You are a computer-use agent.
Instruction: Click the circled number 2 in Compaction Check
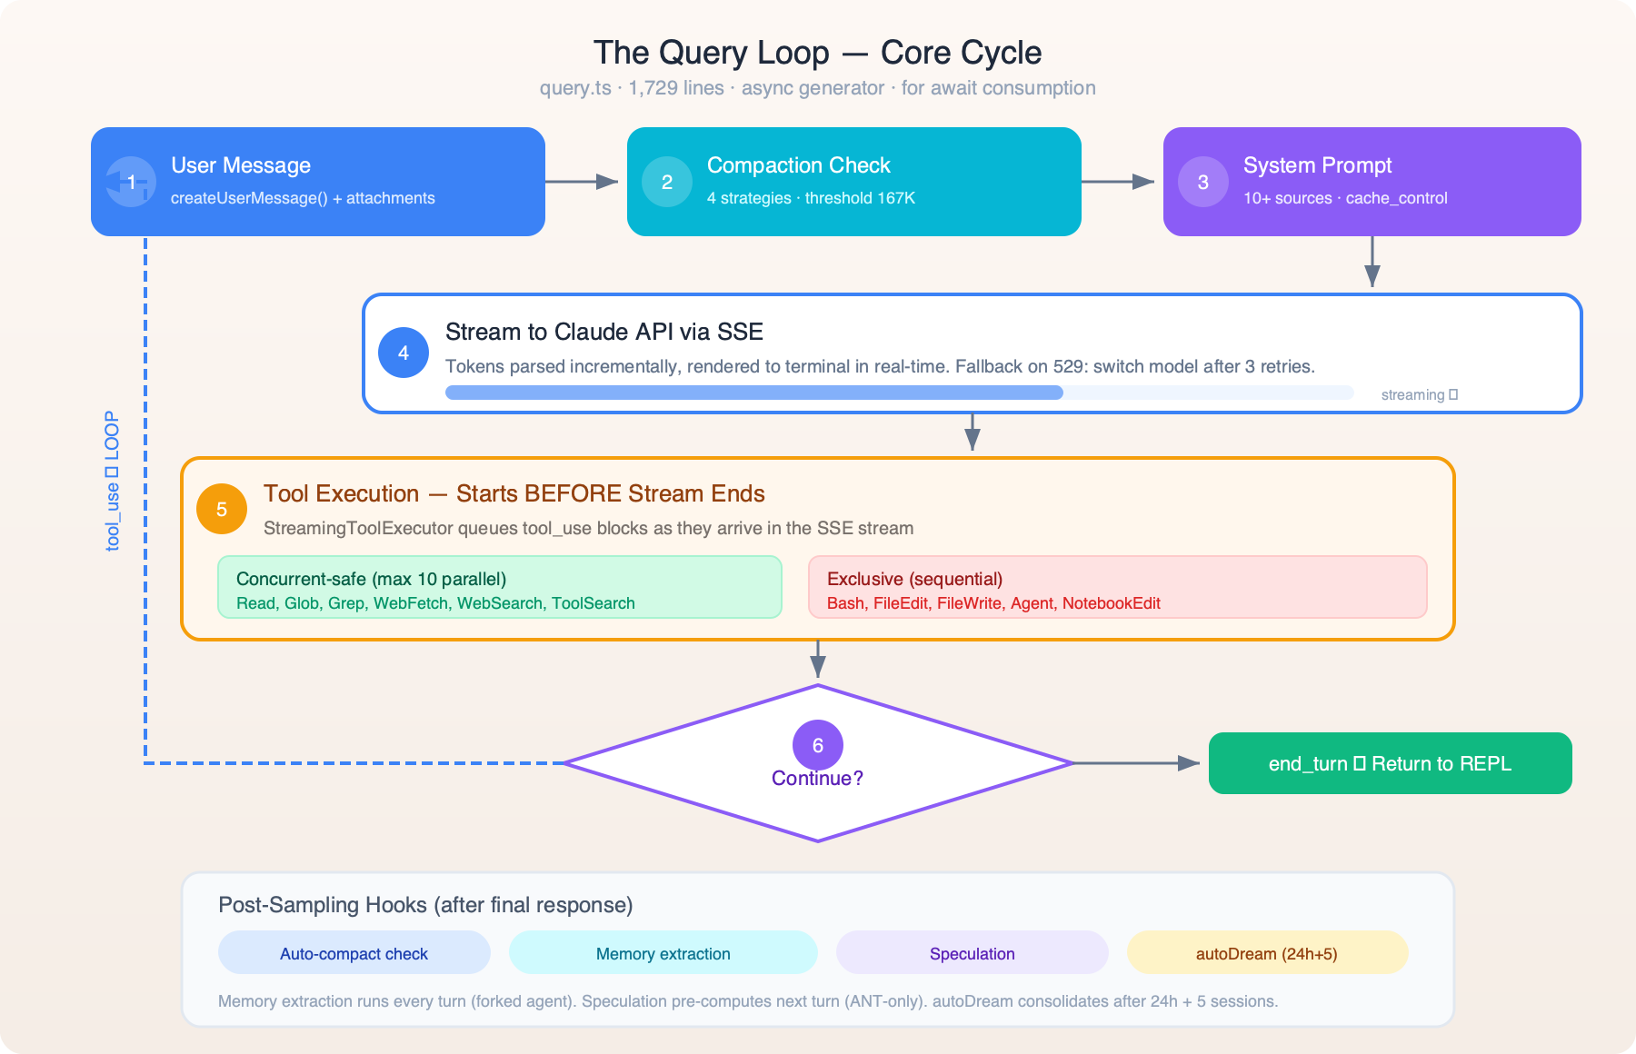tap(667, 182)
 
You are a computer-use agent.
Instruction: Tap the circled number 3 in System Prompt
tap(1203, 182)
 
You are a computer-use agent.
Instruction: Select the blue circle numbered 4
tap(404, 353)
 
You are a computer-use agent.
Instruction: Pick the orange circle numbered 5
tap(222, 509)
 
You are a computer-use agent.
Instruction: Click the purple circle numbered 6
tap(818, 745)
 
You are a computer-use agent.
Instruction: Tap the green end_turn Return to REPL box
tap(1390, 763)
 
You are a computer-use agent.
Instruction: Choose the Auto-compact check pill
tap(354, 953)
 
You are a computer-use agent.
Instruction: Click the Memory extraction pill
tap(663, 953)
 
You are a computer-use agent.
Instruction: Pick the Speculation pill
tap(972, 953)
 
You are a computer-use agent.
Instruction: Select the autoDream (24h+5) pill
tap(1266, 953)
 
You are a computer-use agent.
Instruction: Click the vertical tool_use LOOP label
tap(112, 482)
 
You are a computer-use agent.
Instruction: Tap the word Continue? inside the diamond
tap(817, 779)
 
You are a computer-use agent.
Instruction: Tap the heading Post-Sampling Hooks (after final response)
tap(425, 905)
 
